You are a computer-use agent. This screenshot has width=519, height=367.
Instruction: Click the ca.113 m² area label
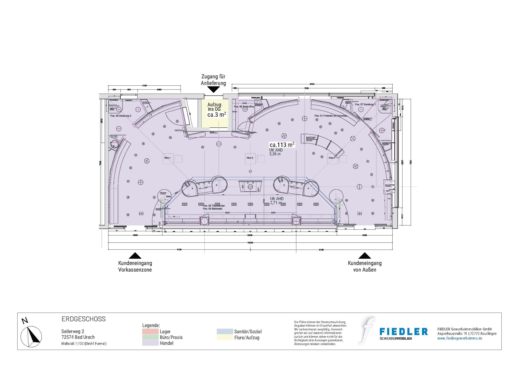point(282,145)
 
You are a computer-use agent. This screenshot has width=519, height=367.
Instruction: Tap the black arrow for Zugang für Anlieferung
point(213,90)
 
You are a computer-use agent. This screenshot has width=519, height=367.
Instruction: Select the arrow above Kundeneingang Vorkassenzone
point(135,256)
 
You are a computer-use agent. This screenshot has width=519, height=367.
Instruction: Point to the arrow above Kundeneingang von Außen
point(365,256)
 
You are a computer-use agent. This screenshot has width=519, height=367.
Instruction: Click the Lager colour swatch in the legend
point(150,331)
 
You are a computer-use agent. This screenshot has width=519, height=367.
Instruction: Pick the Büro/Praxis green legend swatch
point(150,337)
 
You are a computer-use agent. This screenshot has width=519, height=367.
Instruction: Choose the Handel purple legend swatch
point(150,343)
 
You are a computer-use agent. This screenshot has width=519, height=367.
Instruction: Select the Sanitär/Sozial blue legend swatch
point(225,331)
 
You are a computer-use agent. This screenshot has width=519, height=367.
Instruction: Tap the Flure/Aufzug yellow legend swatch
point(225,337)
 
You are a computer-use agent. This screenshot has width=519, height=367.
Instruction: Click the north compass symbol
point(31,337)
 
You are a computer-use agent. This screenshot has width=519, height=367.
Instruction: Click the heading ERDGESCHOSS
point(84,319)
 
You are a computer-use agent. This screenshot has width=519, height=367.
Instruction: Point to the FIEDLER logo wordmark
point(404,332)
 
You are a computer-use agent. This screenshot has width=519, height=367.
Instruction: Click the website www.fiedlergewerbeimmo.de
point(460,338)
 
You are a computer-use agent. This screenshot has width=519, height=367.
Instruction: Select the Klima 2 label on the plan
point(250,158)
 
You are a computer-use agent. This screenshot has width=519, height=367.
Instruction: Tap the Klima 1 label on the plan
point(167,158)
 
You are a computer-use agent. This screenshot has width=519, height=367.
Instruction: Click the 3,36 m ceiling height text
point(275,154)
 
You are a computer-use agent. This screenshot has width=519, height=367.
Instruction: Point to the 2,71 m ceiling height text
point(276,203)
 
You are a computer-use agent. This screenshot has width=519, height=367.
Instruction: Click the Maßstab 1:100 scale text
point(84,344)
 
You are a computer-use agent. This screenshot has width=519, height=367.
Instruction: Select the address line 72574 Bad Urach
point(78,337)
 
